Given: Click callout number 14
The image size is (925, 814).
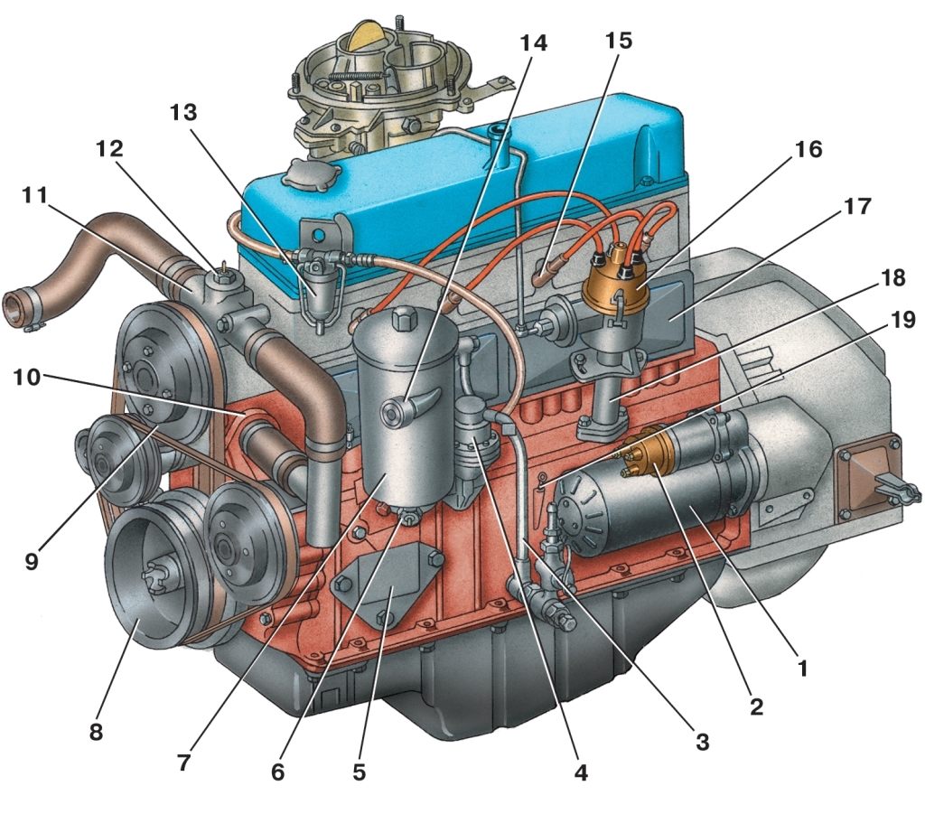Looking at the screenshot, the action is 533,43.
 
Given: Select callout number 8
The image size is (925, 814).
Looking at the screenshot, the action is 96,732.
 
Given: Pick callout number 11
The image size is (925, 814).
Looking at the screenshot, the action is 35,194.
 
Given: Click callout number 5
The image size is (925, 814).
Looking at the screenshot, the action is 360,772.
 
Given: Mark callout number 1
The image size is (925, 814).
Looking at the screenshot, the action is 802,668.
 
